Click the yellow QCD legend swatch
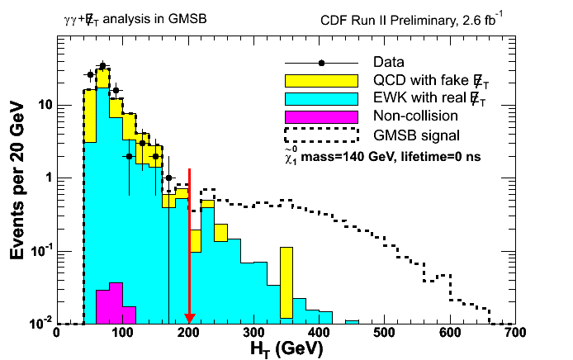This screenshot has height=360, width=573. (x=320, y=80)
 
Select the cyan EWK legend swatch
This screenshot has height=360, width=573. (x=320, y=98)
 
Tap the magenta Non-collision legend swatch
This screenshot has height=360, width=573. (x=320, y=116)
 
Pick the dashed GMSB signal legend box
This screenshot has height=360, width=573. (x=320, y=134)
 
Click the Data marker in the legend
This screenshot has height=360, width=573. (x=320, y=63)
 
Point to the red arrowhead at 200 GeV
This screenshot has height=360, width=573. (x=189, y=319)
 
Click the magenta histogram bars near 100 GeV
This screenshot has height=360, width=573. (x=109, y=304)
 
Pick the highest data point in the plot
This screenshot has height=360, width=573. (x=102, y=65)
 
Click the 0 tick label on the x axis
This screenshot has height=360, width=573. (x=56, y=333)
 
